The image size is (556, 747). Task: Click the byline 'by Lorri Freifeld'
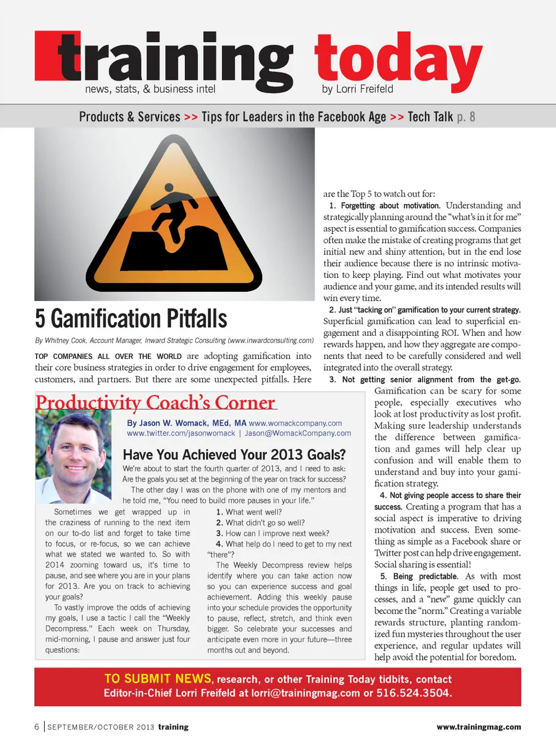357,89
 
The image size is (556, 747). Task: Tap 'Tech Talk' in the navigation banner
430,117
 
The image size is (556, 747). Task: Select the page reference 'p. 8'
466,117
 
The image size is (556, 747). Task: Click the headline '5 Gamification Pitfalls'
131,319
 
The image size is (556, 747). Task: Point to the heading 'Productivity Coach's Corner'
155,402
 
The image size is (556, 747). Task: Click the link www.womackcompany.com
295,423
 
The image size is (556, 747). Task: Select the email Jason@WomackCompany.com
298,433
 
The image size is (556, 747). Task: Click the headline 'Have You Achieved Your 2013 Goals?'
234,455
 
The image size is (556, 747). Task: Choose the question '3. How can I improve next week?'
272,533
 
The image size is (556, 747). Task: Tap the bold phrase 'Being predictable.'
419,576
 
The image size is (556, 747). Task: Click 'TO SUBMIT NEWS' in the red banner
158,679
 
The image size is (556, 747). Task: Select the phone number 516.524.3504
413,693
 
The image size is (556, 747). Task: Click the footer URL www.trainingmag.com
478,727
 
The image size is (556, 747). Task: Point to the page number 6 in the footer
37,727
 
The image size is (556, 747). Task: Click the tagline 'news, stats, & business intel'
150,89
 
